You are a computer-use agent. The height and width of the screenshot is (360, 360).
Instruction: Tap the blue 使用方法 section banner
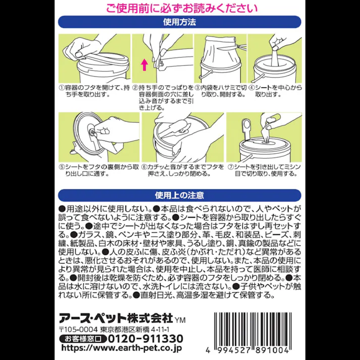point(180,22)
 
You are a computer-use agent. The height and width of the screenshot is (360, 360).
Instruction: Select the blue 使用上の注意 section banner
point(180,194)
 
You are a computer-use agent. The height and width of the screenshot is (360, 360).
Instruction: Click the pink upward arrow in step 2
point(143,64)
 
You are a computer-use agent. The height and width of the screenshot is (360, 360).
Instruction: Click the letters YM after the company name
point(180,320)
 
